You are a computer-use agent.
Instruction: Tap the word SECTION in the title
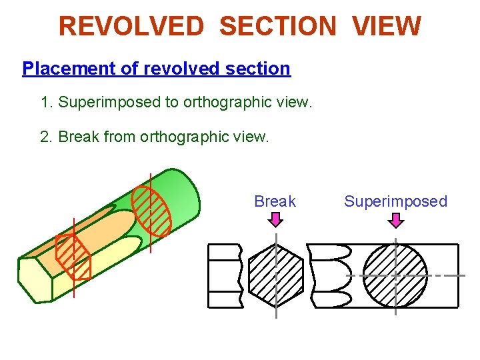tap(277, 27)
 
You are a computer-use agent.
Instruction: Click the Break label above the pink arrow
tap(275, 201)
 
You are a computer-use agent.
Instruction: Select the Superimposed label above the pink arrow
tap(395, 201)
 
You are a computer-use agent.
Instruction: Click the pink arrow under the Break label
tap(275, 219)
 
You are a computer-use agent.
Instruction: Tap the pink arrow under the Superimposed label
tap(395, 219)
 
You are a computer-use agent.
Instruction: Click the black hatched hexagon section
tap(275, 275)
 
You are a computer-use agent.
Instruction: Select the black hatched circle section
tap(395, 275)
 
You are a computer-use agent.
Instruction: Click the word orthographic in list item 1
tap(227, 102)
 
